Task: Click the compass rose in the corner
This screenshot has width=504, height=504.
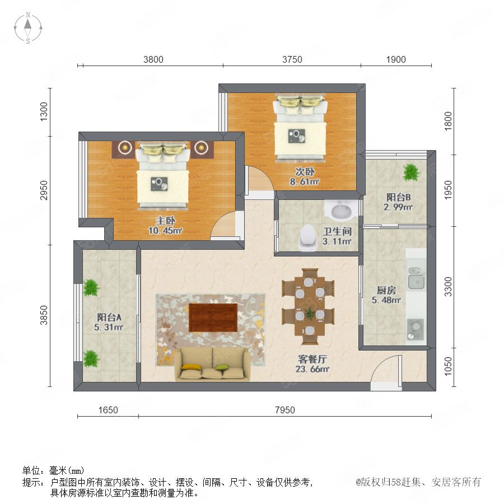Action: pos(28,27)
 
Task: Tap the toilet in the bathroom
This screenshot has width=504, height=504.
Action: pos(307,237)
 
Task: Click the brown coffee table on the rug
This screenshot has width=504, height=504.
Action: pos(213,318)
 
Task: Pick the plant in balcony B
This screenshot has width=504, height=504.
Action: pos(411,172)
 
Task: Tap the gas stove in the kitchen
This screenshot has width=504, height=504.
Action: pos(416,329)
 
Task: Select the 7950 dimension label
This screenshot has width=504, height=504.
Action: pos(285,410)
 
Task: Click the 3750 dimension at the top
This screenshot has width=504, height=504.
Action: pos(292,59)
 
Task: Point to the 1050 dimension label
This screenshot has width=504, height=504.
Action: pos(448,366)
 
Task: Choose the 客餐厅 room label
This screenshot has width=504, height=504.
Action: pos(312,359)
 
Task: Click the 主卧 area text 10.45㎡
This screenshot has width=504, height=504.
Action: pos(165,231)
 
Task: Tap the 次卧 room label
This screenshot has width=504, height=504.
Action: pos(305,172)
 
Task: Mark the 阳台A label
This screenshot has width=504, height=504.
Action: pos(109,318)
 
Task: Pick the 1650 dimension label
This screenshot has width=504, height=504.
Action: pos(108,410)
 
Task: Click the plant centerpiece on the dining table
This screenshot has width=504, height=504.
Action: pos(310,314)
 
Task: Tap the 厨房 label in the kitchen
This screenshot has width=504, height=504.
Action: pos(386,290)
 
